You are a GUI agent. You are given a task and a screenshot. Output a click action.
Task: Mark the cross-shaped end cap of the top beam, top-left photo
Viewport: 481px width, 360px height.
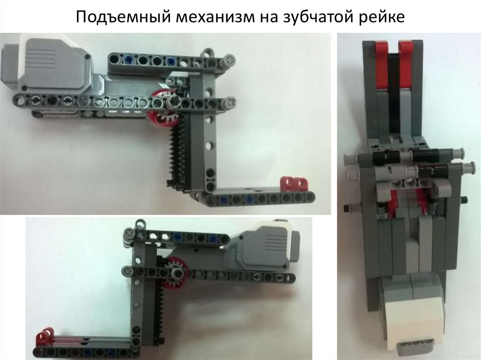[230, 59]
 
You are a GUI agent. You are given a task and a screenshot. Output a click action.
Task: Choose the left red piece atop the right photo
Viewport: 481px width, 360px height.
[381, 65]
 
